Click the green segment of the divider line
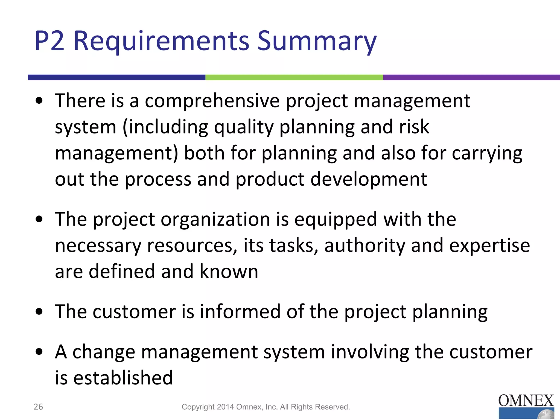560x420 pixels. coord(294,77)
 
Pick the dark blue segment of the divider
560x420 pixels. coord(116,77)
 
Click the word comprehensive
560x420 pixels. coord(212,101)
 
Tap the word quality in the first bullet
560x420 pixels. coord(243,127)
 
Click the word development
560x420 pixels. coord(369,179)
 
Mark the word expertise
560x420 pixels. coord(489,246)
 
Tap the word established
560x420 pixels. coord(123,378)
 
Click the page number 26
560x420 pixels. coord(38,407)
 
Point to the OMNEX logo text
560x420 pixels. coord(526,401)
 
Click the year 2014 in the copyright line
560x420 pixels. coord(226,407)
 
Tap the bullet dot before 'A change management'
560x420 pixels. coord(39,351)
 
